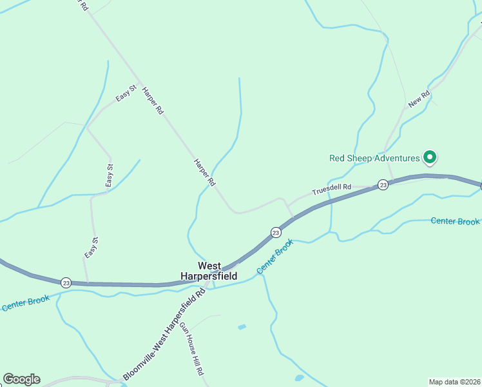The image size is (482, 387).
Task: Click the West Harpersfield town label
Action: point(217,271)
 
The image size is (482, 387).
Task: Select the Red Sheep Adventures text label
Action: point(374,157)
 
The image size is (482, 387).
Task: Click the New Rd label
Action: point(418,99)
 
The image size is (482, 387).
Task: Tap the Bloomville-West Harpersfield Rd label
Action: point(164,335)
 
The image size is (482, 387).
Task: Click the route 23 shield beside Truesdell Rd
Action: point(383,185)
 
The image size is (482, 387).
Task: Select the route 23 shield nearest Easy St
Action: point(66,283)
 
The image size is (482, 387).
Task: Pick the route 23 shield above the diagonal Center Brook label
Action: point(276,232)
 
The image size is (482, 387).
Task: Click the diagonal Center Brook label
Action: point(275,256)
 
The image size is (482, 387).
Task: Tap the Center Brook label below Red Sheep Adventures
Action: point(455,221)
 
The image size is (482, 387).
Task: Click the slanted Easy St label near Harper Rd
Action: point(126,94)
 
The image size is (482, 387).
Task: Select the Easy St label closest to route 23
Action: point(91,248)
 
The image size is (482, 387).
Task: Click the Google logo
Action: point(21,379)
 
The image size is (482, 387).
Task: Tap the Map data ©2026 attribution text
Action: point(455,381)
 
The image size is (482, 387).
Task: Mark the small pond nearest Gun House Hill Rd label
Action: point(242,327)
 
